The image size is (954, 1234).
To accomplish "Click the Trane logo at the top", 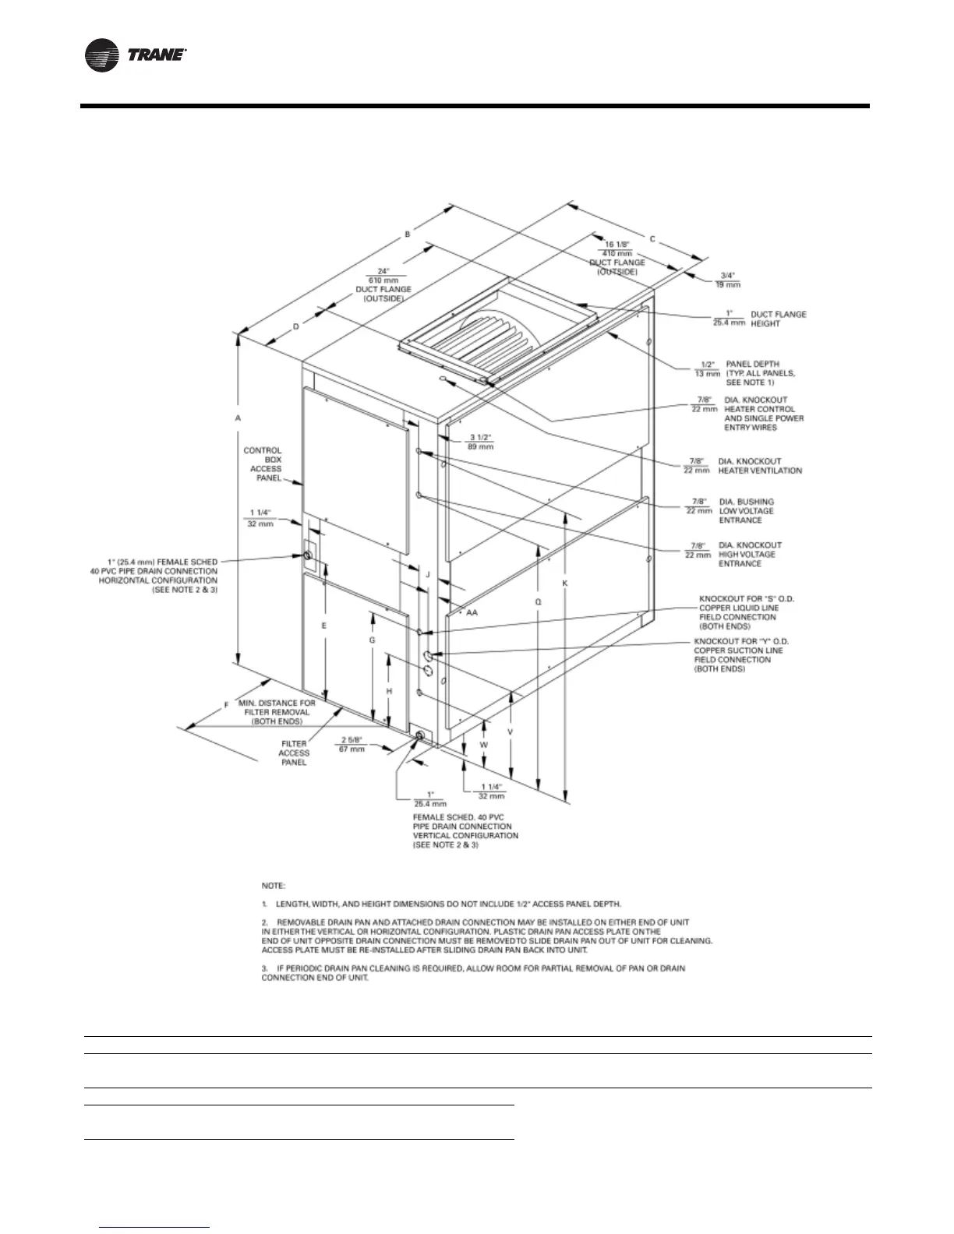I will click(x=134, y=55).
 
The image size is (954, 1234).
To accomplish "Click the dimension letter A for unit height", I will click(x=238, y=418).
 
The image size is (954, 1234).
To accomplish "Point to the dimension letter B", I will click(x=407, y=233).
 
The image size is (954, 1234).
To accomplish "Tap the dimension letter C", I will click(x=652, y=238).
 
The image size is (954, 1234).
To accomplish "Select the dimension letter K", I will click(x=566, y=583).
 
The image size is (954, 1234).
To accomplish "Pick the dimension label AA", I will click(x=472, y=612).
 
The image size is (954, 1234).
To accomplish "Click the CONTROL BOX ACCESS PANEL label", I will click(x=263, y=464).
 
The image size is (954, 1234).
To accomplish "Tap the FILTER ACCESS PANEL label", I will click(x=294, y=753).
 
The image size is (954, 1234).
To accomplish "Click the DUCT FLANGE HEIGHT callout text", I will click(x=778, y=319).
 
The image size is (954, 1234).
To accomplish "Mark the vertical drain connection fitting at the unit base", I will click(x=421, y=736).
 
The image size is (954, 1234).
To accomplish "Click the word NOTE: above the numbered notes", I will click(x=274, y=886).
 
